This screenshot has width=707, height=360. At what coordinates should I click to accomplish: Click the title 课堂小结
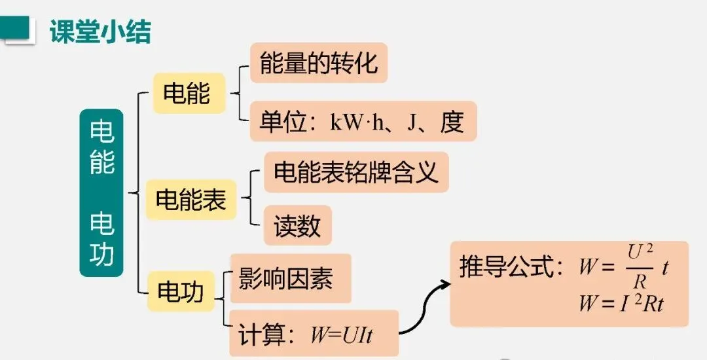point(100,31)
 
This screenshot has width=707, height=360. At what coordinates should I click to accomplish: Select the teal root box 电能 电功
point(101,192)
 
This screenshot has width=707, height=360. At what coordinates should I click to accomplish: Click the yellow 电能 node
point(187,94)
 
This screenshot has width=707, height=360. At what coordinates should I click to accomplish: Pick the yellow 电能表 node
point(190,200)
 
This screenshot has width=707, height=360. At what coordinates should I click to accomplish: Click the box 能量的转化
point(319,63)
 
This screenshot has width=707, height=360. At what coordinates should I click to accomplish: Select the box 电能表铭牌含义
point(355,173)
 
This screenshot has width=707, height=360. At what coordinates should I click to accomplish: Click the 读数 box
point(297,226)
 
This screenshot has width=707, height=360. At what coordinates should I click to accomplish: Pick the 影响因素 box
point(286,278)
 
